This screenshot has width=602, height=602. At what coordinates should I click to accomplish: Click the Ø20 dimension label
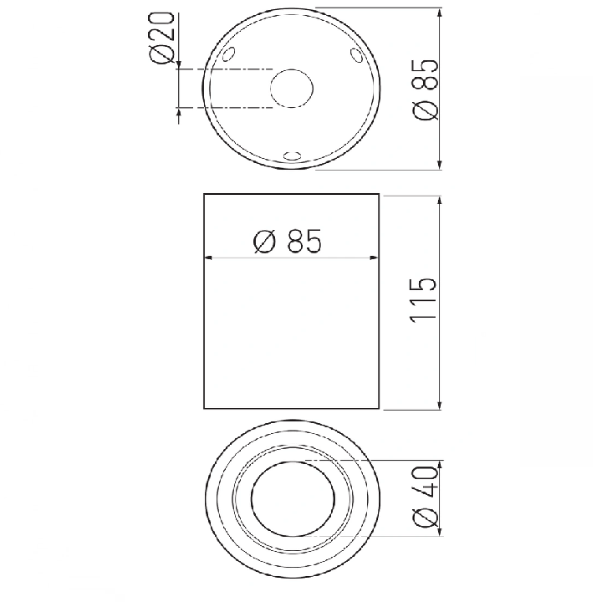161,38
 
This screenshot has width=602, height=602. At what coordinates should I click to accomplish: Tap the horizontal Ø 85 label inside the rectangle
287,241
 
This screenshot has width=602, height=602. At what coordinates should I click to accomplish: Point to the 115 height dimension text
423,299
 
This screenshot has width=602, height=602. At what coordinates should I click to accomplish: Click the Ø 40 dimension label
425,497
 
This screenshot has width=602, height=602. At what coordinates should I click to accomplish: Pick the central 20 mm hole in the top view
292,89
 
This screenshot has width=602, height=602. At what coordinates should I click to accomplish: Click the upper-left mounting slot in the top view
228,54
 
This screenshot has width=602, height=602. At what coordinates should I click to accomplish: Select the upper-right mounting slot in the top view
356,54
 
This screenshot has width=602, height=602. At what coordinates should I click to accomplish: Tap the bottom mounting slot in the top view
292,156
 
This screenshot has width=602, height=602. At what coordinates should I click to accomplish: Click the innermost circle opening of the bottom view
293,498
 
